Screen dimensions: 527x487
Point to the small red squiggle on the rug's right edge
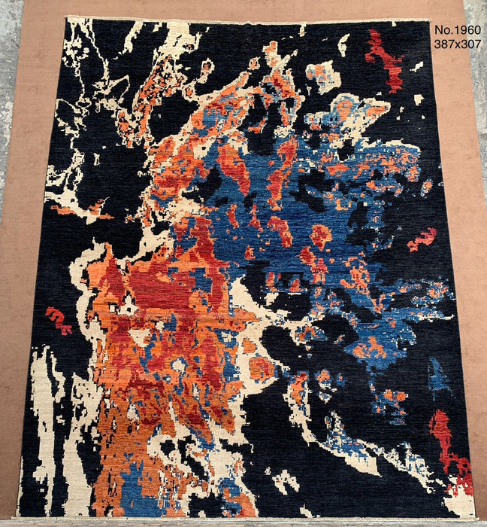(422, 240)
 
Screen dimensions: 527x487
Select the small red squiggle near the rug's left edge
(58, 320)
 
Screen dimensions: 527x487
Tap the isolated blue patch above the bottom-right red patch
(438, 376)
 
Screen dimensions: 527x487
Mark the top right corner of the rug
(431, 20)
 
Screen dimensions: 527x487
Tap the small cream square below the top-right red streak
(418, 99)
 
